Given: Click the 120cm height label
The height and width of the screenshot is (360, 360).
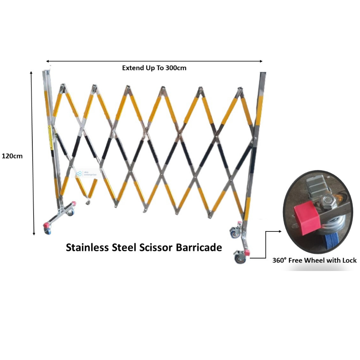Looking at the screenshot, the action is point(12,156).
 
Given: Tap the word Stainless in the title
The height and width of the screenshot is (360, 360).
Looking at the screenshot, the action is point(87,247).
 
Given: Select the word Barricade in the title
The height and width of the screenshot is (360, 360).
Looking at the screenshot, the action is point(199,247).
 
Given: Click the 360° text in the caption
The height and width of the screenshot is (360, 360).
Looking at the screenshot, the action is point(279,260).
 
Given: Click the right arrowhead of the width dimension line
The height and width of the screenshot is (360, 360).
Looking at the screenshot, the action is point(261,61).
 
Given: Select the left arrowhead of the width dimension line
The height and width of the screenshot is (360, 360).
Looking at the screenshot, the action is point(48,61).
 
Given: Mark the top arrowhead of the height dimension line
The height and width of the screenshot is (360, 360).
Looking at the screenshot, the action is point(31,73).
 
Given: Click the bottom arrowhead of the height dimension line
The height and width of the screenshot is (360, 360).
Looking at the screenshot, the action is point(34,233).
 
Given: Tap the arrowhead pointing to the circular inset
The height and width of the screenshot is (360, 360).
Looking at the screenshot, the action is point(280,231).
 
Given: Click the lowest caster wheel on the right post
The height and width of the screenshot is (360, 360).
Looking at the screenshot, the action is point(239,259).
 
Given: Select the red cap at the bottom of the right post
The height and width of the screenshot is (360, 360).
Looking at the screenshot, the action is point(247,253).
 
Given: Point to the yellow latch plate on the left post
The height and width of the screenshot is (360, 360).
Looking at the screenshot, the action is point(50,137).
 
